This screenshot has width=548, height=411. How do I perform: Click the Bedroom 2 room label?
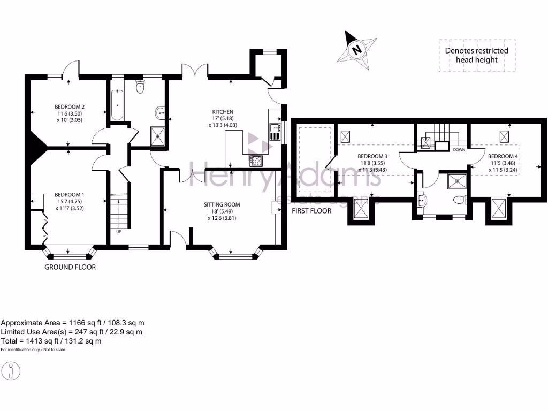click(70, 106)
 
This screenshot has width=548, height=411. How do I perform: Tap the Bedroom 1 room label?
click(70, 195)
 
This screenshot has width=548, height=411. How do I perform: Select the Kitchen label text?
click(222, 112)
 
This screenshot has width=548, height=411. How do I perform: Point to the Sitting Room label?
click(222, 204)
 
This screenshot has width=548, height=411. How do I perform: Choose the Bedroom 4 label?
click(502, 156)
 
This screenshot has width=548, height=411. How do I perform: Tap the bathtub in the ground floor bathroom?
click(117, 105)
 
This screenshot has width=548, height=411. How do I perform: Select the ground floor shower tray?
click(159, 135)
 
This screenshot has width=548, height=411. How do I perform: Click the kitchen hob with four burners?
click(256, 160)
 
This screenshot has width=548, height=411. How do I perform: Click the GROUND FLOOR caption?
click(70, 267)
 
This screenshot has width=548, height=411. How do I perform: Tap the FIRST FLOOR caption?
click(311, 211)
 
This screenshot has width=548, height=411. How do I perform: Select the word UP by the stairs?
click(119, 232)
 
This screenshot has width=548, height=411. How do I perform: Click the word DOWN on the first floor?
click(459, 150)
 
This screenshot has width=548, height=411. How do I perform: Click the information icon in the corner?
click(11, 371)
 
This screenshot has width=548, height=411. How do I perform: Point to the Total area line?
click(51, 340)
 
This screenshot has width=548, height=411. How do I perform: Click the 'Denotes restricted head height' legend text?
click(476, 55)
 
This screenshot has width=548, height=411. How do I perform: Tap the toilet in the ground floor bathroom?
click(141, 87)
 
